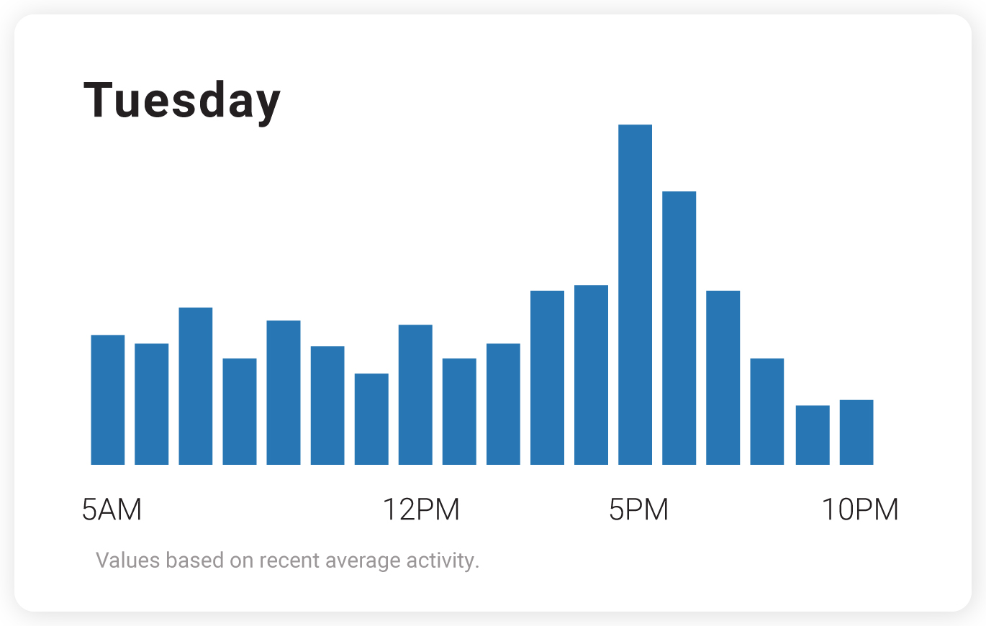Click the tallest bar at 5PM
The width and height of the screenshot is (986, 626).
(x=635, y=295)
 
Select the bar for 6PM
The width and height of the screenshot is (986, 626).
(x=679, y=328)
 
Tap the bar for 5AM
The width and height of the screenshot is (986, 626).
(x=108, y=400)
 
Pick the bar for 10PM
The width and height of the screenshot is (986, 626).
(x=856, y=432)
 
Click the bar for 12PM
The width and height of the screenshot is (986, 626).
(x=415, y=395)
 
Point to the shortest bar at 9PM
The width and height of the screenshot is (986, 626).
(x=813, y=435)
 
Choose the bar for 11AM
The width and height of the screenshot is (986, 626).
(x=371, y=419)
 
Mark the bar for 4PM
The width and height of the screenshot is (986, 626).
(x=591, y=375)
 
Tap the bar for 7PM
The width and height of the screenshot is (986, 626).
(x=723, y=378)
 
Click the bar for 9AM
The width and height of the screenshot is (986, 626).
(x=284, y=393)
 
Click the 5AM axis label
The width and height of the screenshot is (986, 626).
(x=112, y=509)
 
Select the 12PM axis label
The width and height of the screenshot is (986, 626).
(x=420, y=509)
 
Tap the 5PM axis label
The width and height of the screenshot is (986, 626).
(x=638, y=509)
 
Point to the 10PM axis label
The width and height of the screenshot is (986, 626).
(x=860, y=509)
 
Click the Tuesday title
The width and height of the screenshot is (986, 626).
(x=182, y=101)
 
